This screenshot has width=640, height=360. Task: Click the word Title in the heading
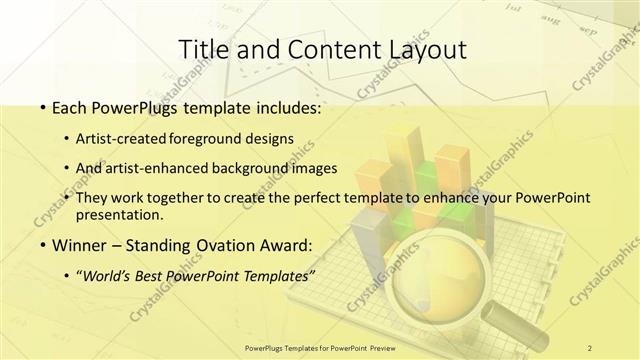click(x=202, y=49)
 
